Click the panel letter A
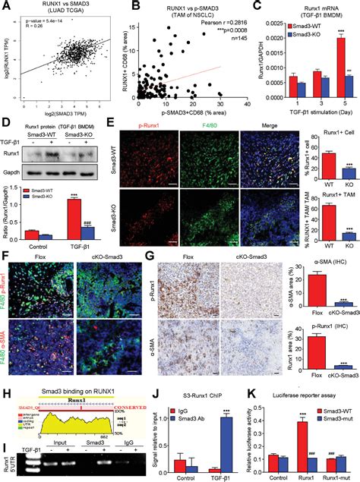[5, 7]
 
